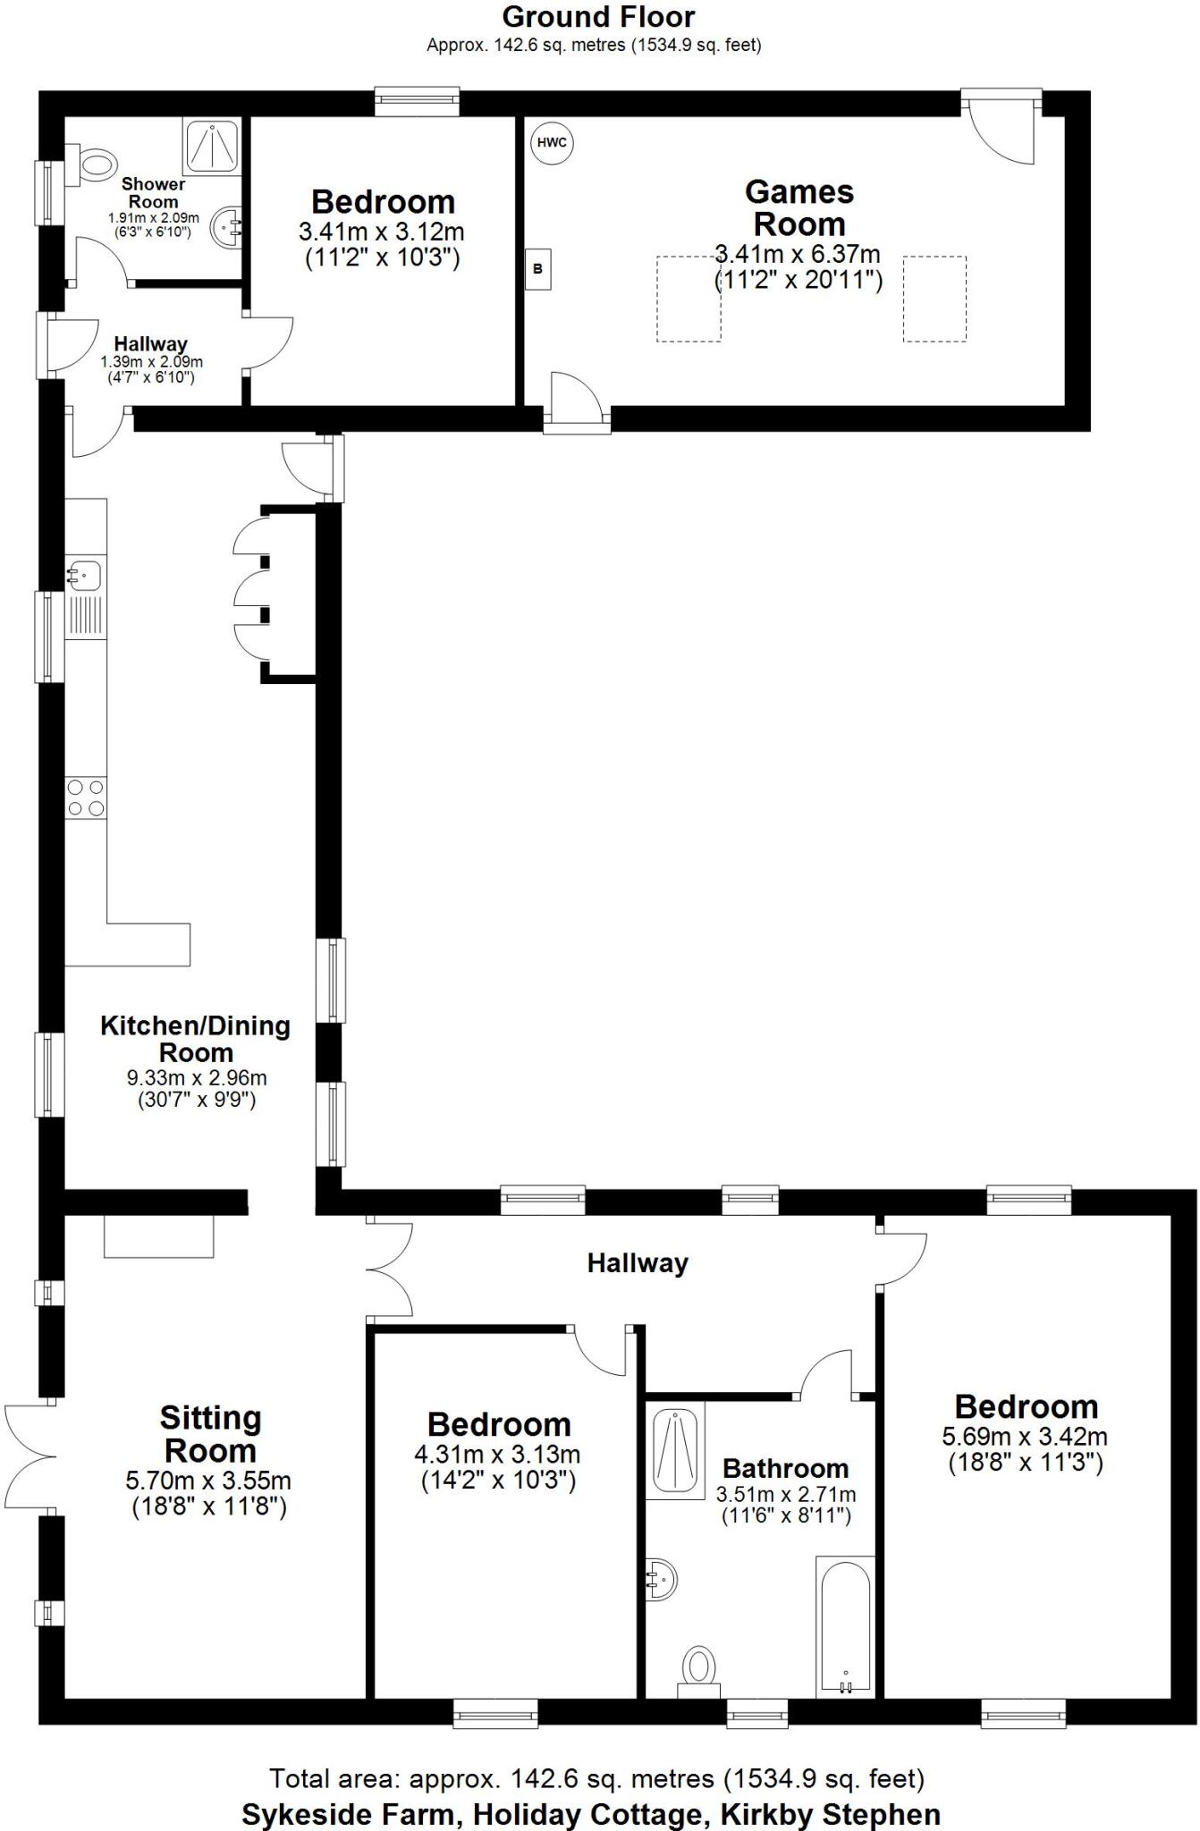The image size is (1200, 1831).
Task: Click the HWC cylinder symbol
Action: (x=553, y=143)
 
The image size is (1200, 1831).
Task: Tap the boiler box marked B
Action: (x=537, y=268)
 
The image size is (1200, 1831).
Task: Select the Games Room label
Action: (x=799, y=207)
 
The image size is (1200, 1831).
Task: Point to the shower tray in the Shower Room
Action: (x=212, y=146)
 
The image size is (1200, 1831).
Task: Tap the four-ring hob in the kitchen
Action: (x=85, y=797)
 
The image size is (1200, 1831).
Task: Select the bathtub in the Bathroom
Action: (x=844, y=1626)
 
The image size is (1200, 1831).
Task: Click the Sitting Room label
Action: (x=210, y=1434)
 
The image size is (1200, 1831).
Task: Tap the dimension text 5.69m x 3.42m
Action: (x=1025, y=1437)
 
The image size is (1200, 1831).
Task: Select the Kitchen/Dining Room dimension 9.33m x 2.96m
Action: (x=197, y=1077)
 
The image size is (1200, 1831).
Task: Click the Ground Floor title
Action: (x=598, y=16)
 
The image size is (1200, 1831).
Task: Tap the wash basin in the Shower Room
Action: (x=227, y=227)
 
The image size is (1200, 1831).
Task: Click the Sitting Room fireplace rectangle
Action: (x=159, y=1236)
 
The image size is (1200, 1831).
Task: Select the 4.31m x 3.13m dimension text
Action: (x=497, y=1455)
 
